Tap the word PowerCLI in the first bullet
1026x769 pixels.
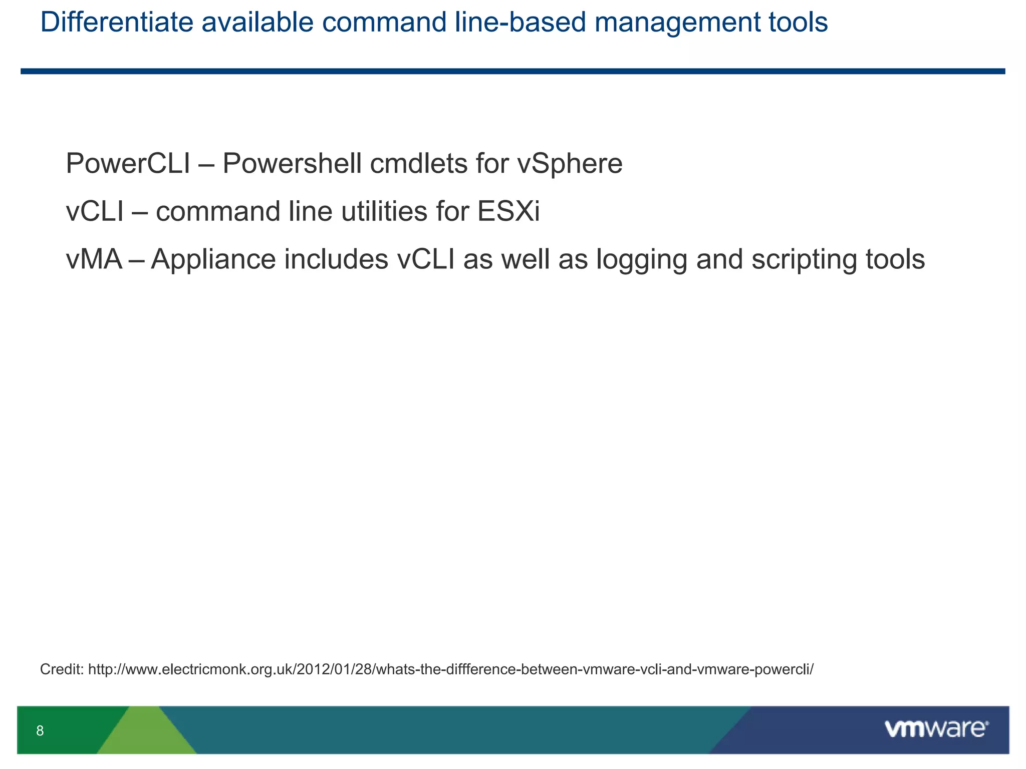128,164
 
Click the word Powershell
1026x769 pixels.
292,164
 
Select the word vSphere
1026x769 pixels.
569,164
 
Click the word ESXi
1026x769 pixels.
508,211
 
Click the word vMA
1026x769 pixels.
94,259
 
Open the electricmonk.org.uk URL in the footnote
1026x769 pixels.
451,669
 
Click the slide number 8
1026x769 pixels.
40,731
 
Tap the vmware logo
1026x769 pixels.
936,729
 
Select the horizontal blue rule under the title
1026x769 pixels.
513,72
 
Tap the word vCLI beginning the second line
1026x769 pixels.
95,211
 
